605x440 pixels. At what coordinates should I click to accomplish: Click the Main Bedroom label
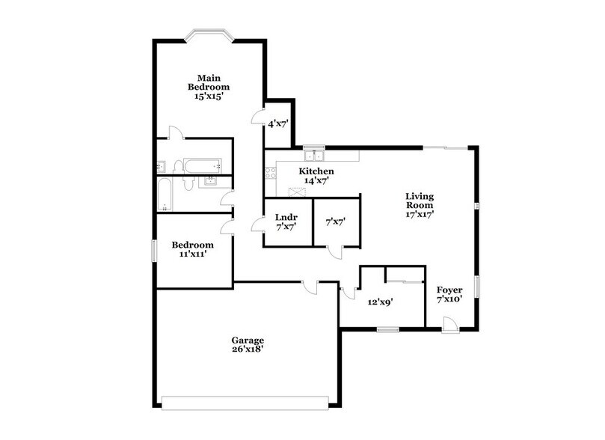pyautogui.click(x=208, y=82)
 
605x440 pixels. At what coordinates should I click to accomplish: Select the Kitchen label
pyautogui.click(x=316, y=171)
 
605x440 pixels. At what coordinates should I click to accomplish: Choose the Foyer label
pyautogui.click(x=449, y=290)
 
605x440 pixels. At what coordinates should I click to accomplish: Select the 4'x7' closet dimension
pyautogui.click(x=278, y=123)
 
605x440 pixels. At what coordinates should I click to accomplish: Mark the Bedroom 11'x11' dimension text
pyautogui.click(x=192, y=254)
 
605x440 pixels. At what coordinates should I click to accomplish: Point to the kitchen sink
pyautogui.click(x=315, y=156)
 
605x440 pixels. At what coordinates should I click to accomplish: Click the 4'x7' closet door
pyautogui.click(x=257, y=118)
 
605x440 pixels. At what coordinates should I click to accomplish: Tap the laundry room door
pyautogui.click(x=257, y=222)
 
